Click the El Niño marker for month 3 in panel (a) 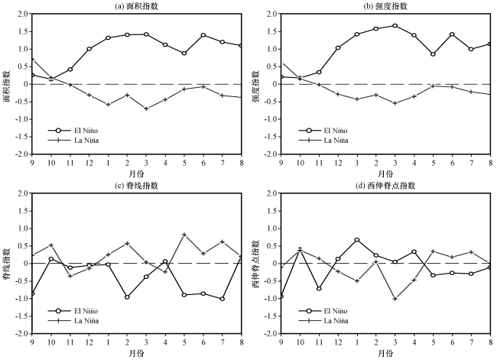[146, 34]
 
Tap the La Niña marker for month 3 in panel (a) [146, 109]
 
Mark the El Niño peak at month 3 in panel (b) [395, 25]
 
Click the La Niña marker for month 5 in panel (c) [184, 235]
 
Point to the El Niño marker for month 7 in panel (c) [223, 299]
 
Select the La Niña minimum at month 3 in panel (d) [395, 299]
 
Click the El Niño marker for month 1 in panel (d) [357, 240]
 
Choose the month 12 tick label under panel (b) [338, 162]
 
